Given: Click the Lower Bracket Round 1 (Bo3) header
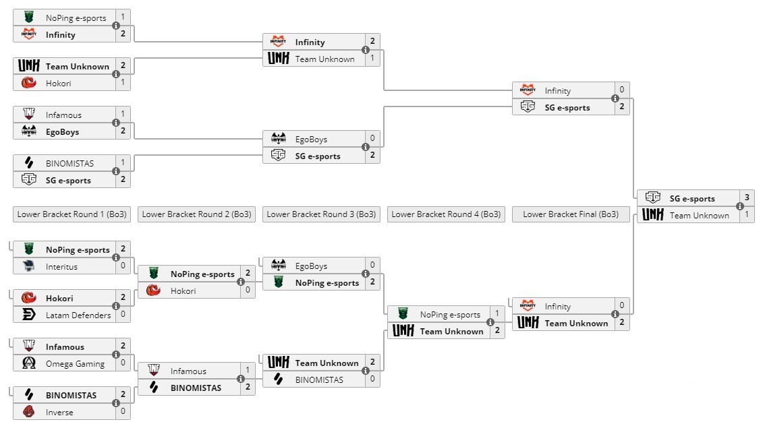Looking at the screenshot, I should click(x=72, y=214).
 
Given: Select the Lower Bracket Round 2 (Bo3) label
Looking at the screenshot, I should click(x=196, y=214).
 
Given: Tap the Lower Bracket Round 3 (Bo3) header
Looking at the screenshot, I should click(x=321, y=214).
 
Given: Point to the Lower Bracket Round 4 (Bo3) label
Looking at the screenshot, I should click(x=446, y=214).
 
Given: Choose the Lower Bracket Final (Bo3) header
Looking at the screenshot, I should click(x=571, y=214).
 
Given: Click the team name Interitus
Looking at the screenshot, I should click(x=61, y=266).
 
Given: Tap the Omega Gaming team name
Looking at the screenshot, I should click(x=75, y=363).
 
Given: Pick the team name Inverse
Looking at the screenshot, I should click(x=59, y=412).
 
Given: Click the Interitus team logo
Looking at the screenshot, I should click(x=28, y=266).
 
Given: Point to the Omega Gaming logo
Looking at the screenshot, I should click(x=28, y=363).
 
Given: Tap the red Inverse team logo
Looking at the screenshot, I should click(x=28, y=412).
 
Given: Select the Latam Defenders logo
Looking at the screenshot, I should click(x=28, y=315).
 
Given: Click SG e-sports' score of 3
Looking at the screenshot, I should click(x=746, y=198).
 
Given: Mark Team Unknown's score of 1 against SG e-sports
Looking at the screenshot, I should click(x=746, y=215).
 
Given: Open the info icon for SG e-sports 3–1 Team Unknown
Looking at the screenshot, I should click(x=740, y=207).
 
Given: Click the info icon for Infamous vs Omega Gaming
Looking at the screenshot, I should click(x=116, y=355).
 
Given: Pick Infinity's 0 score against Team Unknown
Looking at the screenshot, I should click(x=621, y=306).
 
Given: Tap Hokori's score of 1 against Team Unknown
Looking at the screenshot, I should click(x=123, y=83).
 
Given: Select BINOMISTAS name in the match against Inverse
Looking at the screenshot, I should click(x=71, y=395).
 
